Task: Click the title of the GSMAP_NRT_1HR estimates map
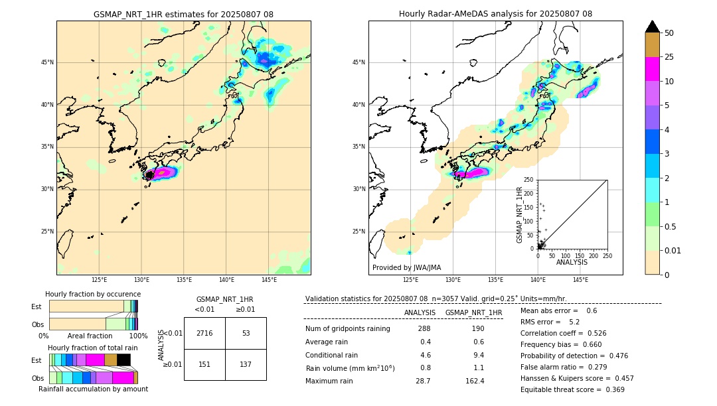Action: tap(183, 14)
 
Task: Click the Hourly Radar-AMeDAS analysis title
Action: tap(495, 14)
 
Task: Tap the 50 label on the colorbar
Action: tap(669, 33)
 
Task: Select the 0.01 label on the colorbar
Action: tap(673, 250)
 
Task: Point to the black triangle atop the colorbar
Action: tap(653, 27)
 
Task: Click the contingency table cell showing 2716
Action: tap(204, 333)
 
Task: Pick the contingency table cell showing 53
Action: tap(246, 333)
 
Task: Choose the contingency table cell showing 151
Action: tap(204, 364)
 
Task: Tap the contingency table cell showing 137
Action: tap(246, 364)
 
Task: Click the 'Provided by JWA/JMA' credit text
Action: tap(406, 268)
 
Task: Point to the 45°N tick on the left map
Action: tap(47, 62)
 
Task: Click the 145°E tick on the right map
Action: tap(580, 281)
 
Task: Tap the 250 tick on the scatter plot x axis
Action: tap(607, 255)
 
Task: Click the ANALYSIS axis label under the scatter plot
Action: tap(572, 262)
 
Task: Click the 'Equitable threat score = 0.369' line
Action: tap(572, 389)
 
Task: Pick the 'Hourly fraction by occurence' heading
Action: tap(93, 294)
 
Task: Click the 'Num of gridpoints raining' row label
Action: tap(347, 328)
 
